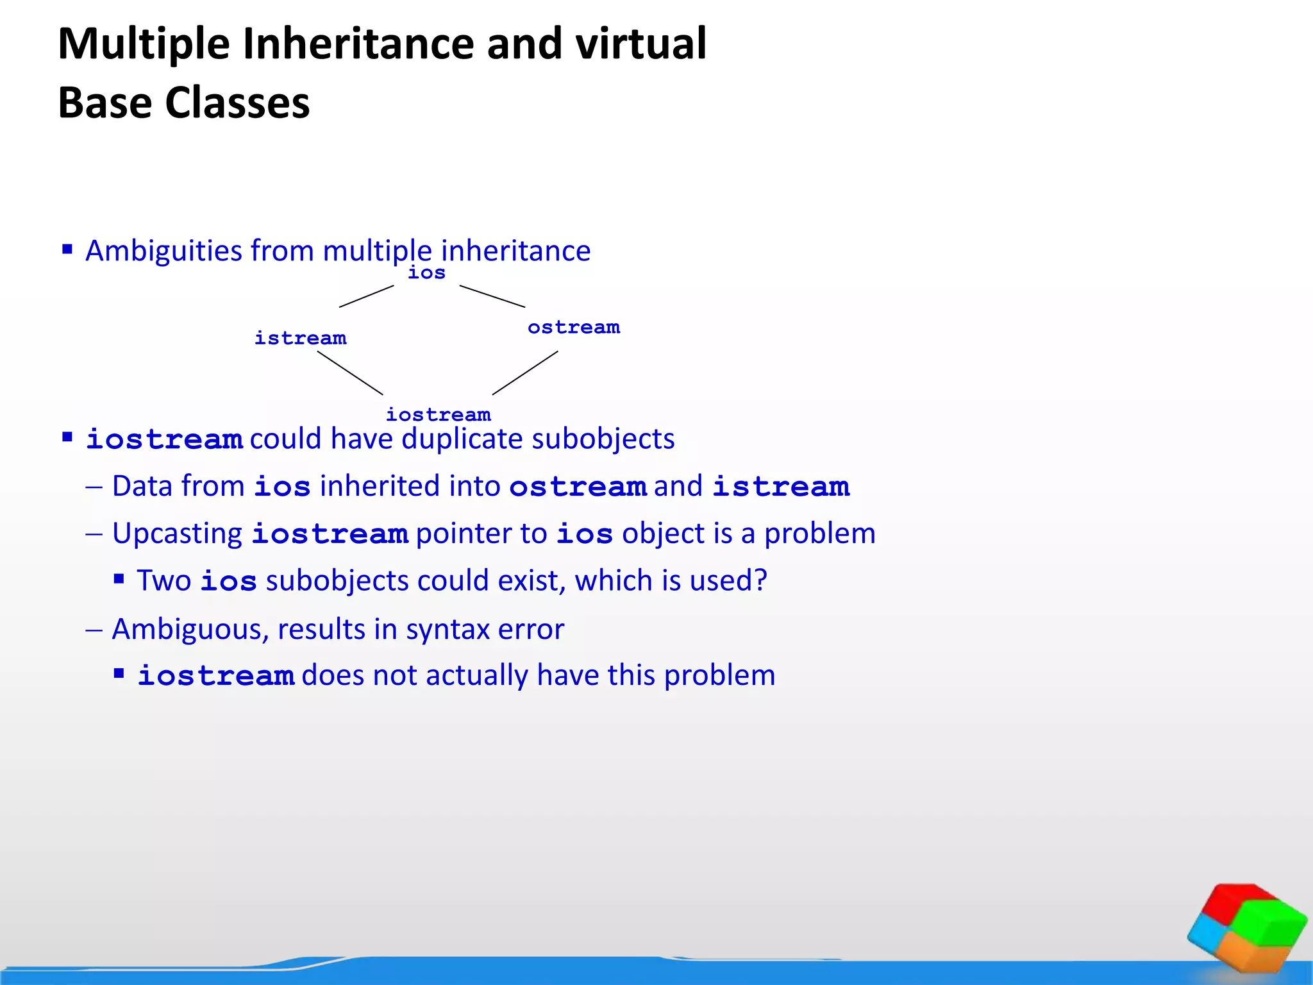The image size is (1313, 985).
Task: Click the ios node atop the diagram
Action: click(x=426, y=273)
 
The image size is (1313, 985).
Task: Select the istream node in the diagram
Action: click(x=300, y=338)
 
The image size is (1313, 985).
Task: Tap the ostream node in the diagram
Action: click(x=574, y=327)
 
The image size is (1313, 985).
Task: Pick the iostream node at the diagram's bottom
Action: click(x=439, y=414)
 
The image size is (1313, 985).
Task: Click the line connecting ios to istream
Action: click(x=366, y=296)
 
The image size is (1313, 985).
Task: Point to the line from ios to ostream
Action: click(x=492, y=296)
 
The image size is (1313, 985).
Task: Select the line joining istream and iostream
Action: click(x=350, y=373)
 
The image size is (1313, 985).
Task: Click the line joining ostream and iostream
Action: click(x=525, y=373)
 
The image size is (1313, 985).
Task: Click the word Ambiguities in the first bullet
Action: click(x=163, y=251)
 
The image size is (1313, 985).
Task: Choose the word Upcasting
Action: click(x=177, y=534)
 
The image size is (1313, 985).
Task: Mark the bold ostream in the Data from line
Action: click(x=578, y=487)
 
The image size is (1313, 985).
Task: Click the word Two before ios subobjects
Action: click(x=163, y=581)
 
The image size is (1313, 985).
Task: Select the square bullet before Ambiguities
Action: click(x=67, y=249)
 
